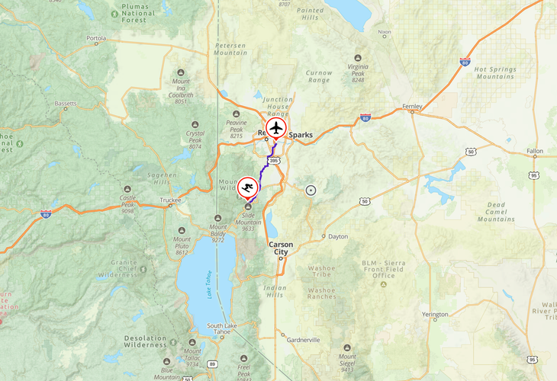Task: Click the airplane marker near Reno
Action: (x=275, y=128)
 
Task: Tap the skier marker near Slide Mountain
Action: (x=247, y=187)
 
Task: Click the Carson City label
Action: (x=280, y=248)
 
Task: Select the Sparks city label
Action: (x=300, y=135)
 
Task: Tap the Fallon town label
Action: (x=535, y=152)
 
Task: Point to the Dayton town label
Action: (x=337, y=236)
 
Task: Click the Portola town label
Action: (x=96, y=37)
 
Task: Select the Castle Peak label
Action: (x=127, y=202)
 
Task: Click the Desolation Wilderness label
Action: (x=146, y=341)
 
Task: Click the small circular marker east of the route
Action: (x=310, y=190)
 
